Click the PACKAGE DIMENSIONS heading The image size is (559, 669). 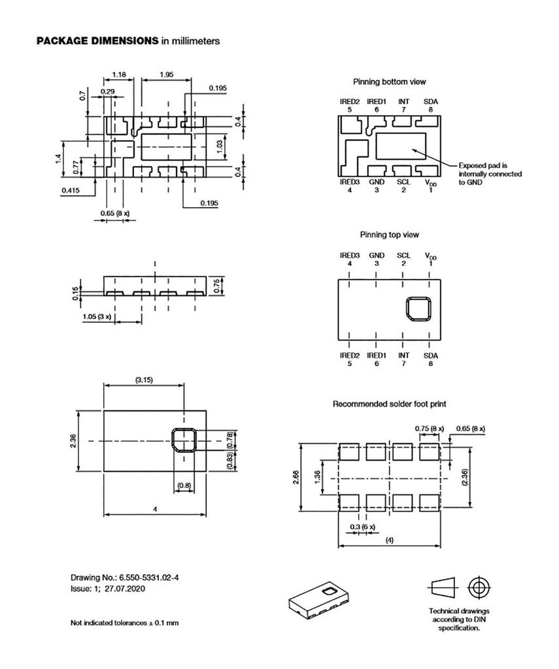[97, 41]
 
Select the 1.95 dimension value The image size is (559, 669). [165, 75]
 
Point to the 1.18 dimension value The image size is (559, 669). [118, 75]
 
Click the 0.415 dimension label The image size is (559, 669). [71, 190]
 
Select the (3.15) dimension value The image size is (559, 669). [144, 380]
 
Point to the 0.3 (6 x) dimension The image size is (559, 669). [363, 527]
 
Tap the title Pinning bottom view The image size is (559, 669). [389, 82]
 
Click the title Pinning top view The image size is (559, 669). [389, 235]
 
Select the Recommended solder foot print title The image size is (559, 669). [390, 404]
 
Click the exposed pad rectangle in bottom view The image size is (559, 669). [399, 146]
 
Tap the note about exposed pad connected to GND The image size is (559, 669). [490, 174]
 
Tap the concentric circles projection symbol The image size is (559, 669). [479, 586]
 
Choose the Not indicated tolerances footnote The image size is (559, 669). [124, 623]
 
